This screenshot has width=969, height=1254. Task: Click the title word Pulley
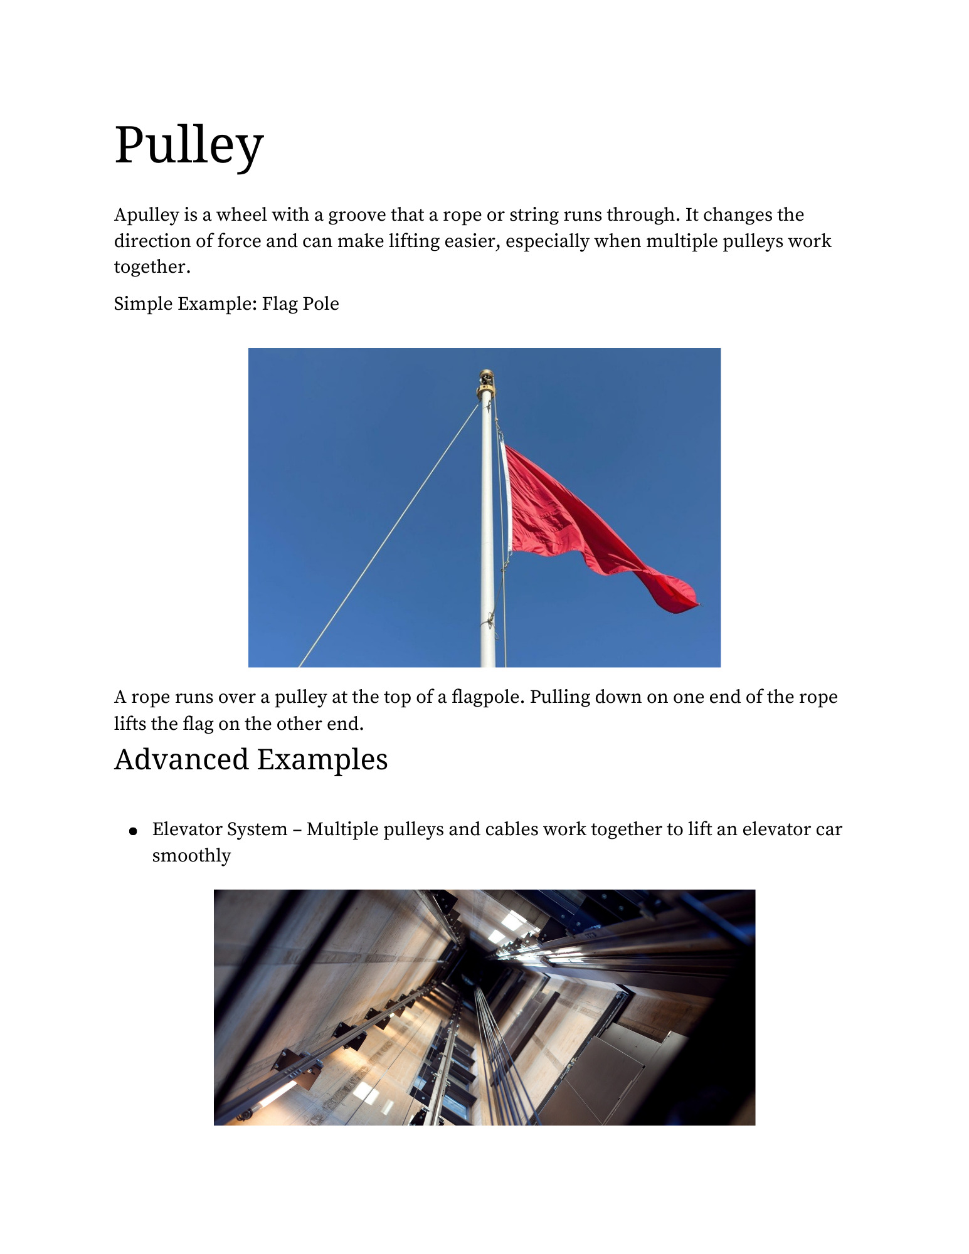(x=188, y=146)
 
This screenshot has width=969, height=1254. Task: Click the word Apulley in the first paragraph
(x=147, y=215)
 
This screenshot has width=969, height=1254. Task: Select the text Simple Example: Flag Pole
(x=226, y=304)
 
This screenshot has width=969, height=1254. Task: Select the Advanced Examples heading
(x=251, y=760)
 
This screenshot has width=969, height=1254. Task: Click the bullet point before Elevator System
(x=133, y=832)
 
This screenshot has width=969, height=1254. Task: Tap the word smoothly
(x=191, y=856)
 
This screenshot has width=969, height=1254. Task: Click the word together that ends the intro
(x=151, y=267)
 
